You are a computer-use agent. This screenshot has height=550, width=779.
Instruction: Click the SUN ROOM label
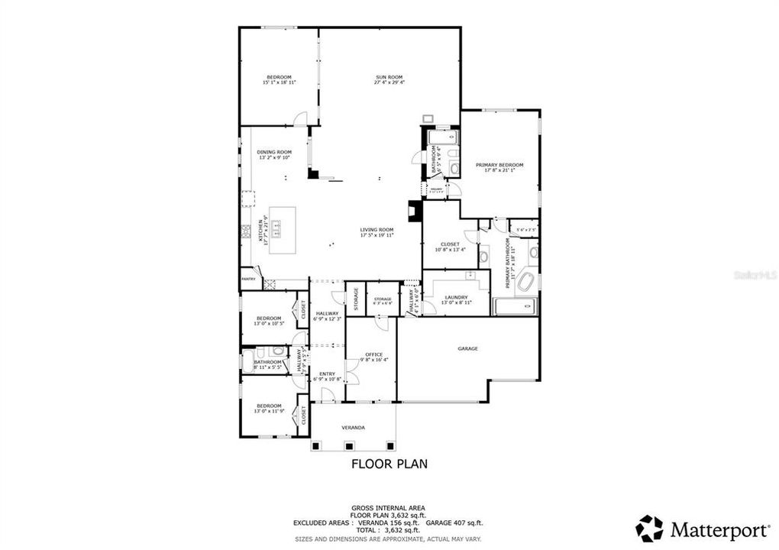coord(389,76)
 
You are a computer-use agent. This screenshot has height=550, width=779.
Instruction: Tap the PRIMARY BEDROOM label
coord(499,165)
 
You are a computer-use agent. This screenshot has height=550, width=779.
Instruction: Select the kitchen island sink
coord(279,226)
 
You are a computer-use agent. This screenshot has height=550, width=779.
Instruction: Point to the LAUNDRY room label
coord(456,297)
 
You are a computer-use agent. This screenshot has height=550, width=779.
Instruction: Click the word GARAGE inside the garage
coord(467,348)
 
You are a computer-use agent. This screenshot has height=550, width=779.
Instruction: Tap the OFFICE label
coord(373,354)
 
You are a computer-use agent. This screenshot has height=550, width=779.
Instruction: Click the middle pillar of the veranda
coord(350,445)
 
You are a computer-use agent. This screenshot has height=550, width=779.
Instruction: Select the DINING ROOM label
coord(274,152)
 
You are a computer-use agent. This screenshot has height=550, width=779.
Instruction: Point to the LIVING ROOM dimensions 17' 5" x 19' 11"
coord(377,235)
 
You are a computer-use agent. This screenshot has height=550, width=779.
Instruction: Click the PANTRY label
coord(248,279)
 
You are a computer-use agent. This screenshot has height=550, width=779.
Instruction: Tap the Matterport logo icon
coord(649,529)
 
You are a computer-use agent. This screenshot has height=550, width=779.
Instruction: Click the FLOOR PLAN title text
coord(389,463)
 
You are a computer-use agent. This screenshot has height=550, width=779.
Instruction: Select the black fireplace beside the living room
coord(415,212)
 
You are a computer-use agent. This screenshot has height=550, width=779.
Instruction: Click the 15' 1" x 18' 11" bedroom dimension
coord(279,82)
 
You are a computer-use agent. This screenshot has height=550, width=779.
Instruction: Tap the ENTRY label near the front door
coord(327,374)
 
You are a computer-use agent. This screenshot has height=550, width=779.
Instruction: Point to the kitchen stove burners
coord(247,231)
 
